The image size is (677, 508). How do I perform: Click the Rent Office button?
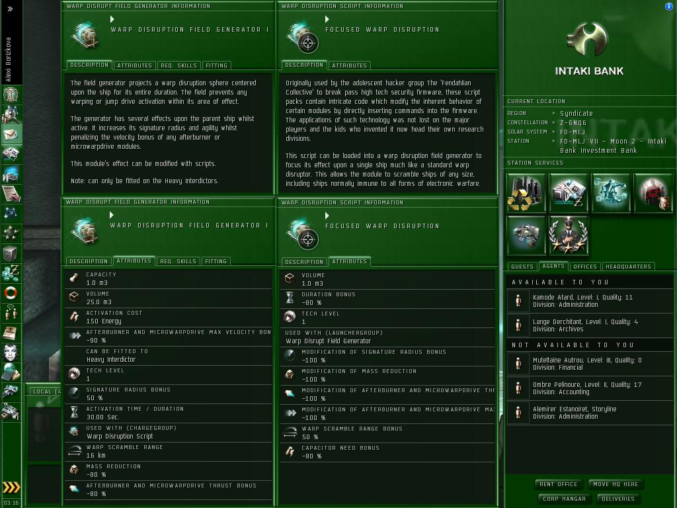pos(558,484)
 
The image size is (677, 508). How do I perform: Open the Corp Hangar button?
pos(564,499)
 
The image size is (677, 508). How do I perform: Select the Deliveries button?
pos(618,499)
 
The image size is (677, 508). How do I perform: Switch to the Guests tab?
pos(522,267)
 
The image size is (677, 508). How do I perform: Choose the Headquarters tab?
pos(628,267)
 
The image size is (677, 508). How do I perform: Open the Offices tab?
pos(585,267)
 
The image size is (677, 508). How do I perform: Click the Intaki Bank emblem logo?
pos(588,39)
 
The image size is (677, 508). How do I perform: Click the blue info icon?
pos(669,7)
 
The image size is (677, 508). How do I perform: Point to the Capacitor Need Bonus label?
pos(340,448)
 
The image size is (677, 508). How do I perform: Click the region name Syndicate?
pos(577,113)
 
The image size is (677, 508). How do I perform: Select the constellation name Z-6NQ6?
pos(573,122)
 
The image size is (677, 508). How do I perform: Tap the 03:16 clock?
pos(11,503)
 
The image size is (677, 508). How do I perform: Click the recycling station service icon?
pos(526,192)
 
